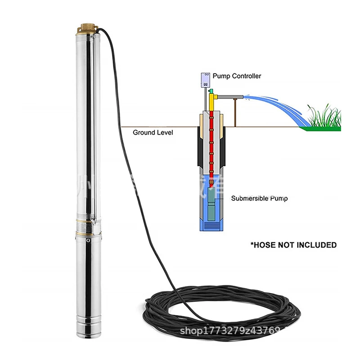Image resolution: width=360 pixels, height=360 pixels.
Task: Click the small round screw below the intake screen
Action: point(88,240)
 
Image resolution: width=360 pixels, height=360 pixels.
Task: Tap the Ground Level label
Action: point(153,133)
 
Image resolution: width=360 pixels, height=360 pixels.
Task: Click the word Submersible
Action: point(249,198)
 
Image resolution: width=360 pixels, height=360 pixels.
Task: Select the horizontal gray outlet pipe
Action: point(230,97)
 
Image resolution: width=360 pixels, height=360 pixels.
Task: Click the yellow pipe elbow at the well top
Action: point(212,97)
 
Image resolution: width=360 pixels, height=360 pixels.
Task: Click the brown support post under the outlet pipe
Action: point(234,112)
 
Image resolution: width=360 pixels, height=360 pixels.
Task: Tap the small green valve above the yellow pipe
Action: point(210,91)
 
